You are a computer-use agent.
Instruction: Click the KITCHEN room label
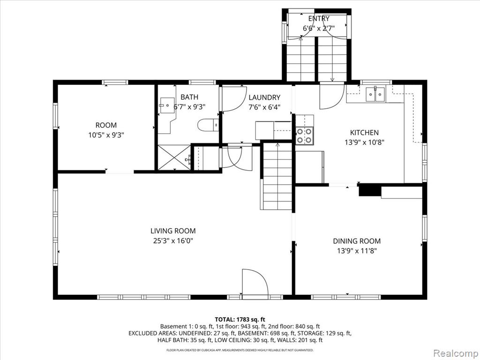(x=364, y=133)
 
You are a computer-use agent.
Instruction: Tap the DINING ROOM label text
(x=357, y=241)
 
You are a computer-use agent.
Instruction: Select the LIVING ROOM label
(x=173, y=231)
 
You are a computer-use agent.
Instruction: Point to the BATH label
(x=189, y=97)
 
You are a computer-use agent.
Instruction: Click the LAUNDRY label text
(x=264, y=97)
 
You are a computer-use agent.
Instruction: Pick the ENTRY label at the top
(x=319, y=18)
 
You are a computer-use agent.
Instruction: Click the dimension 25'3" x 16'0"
(x=173, y=240)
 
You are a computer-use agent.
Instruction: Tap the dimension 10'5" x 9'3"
(x=106, y=135)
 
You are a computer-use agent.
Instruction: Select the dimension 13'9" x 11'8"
(x=357, y=251)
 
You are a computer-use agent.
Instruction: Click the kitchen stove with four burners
(x=305, y=135)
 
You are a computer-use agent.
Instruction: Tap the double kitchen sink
(x=375, y=94)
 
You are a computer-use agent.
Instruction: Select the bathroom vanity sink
(x=167, y=105)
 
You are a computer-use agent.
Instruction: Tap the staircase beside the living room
(x=277, y=176)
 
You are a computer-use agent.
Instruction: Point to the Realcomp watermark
(x=455, y=353)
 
